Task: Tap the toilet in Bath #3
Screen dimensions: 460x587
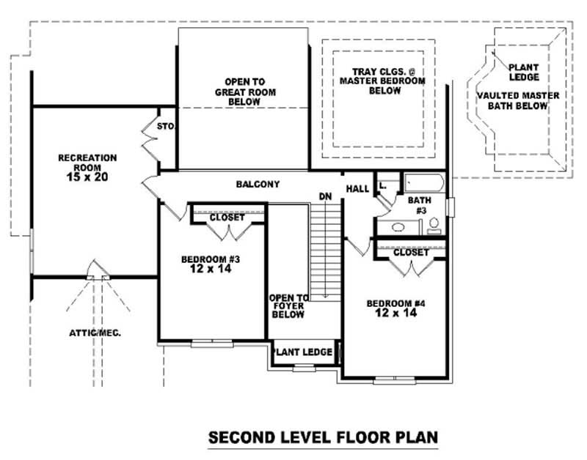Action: [x=434, y=224]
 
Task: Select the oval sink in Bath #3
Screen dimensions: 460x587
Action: [x=398, y=227]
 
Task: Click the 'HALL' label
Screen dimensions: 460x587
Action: [x=357, y=189]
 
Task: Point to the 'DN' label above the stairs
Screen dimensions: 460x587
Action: [x=325, y=196]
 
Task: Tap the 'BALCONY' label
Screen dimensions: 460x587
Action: [x=257, y=184]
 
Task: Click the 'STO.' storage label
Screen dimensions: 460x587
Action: [x=166, y=127]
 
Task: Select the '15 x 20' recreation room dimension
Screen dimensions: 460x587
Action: [x=87, y=177]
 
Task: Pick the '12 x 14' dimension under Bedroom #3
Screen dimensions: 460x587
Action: [x=200, y=269]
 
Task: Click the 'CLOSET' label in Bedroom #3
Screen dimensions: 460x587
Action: [x=227, y=218]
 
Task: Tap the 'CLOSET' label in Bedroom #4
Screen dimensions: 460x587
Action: [x=410, y=252]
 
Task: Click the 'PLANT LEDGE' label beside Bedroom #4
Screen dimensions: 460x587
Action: [x=303, y=352]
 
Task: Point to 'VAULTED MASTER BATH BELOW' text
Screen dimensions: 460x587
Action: [x=518, y=100]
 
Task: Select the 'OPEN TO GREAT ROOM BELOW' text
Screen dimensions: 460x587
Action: [x=245, y=92]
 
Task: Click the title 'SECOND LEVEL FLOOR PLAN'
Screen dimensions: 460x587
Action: [x=324, y=437]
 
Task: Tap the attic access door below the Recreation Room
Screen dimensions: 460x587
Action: [x=95, y=272]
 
